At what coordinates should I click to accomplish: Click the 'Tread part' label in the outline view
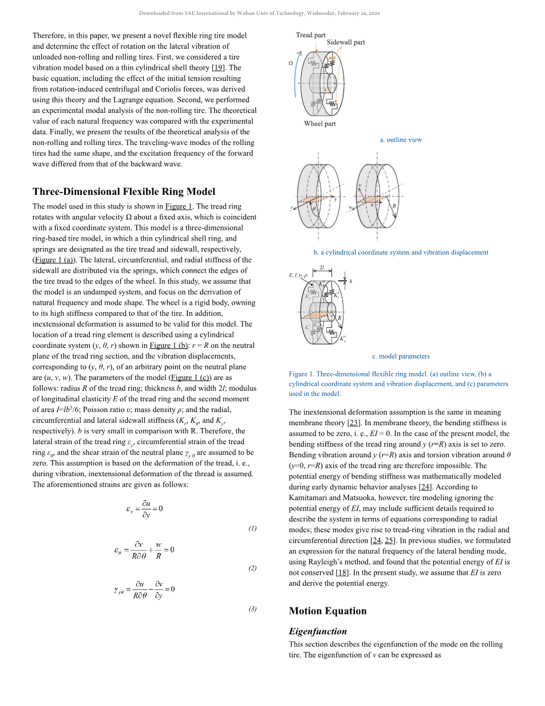(x=310, y=35)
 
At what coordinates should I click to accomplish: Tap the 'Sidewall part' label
(x=346, y=42)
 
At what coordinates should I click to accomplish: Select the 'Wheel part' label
(x=320, y=124)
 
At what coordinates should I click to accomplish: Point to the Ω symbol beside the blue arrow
(x=290, y=63)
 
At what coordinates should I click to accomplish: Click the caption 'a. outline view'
(x=401, y=140)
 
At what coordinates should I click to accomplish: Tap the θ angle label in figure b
(x=313, y=209)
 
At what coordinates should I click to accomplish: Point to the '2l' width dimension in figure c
(x=322, y=268)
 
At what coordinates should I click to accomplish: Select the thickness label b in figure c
(x=350, y=281)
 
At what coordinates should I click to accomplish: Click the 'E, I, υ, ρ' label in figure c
(x=298, y=276)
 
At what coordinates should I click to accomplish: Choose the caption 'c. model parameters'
(x=401, y=356)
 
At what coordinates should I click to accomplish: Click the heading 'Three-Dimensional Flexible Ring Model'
(x=124, y=191)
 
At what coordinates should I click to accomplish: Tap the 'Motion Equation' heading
(x=327, y=611)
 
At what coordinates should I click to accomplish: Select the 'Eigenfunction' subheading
(x=318, y=632)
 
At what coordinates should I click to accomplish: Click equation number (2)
(x=252, y=568)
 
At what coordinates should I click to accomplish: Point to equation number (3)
(x=252, y=609)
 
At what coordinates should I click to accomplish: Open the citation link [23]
(x=353, y=423)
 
